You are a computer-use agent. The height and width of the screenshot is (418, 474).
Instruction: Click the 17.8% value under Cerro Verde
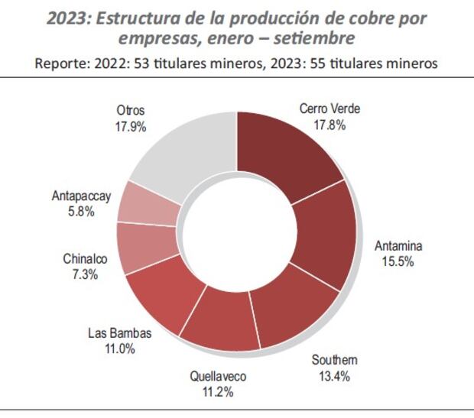330,123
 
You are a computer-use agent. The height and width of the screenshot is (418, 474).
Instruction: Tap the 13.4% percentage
334,374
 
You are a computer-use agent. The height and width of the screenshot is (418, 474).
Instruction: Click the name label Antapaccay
82,196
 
